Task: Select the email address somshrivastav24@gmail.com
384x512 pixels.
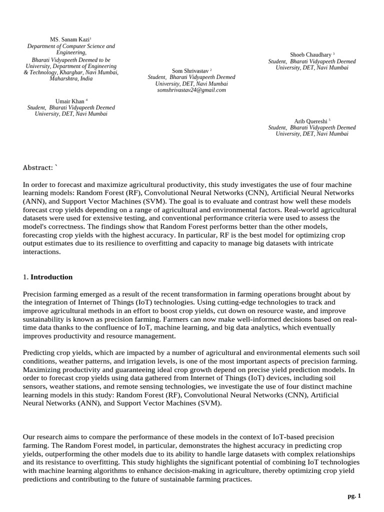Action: [191, 90]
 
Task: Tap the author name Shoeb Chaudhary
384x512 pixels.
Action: [310, 54]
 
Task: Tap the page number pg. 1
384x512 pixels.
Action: [354, 495]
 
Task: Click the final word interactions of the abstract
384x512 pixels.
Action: [41, 252]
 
